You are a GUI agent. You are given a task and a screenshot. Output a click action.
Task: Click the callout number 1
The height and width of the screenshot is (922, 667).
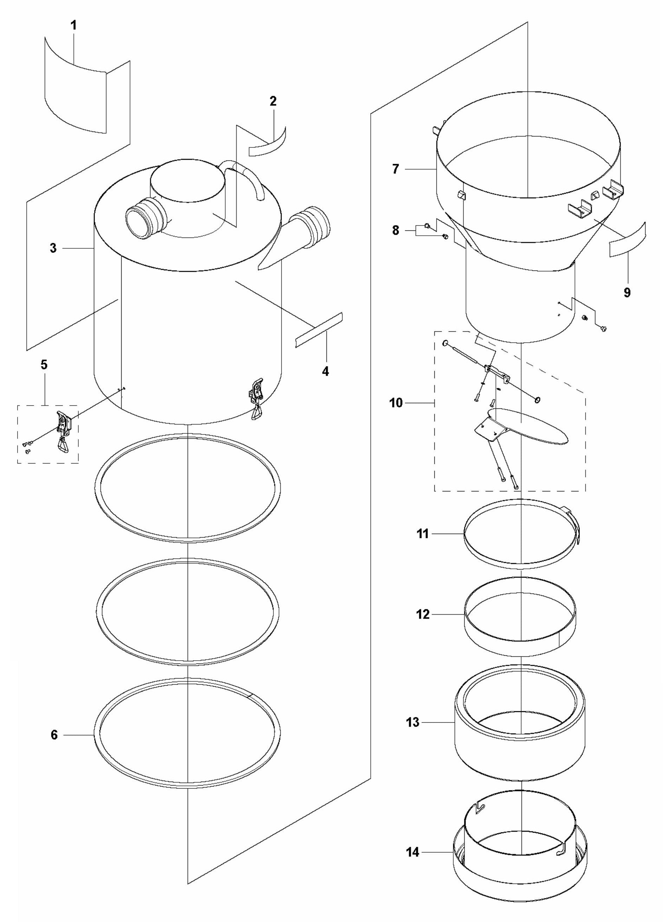pos(73,26)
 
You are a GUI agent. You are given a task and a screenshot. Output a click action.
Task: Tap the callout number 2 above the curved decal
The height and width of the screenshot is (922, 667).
pos(273,102)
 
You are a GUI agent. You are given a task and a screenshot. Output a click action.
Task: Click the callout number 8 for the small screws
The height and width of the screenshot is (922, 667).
pos(396,230)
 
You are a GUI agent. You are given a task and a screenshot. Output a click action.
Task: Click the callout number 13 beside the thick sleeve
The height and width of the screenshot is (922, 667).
pos(413,723)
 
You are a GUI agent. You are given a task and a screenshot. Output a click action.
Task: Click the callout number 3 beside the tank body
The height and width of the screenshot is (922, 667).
pos(53,248)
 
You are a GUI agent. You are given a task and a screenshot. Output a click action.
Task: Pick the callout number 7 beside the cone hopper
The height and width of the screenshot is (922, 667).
pos(396,169)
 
